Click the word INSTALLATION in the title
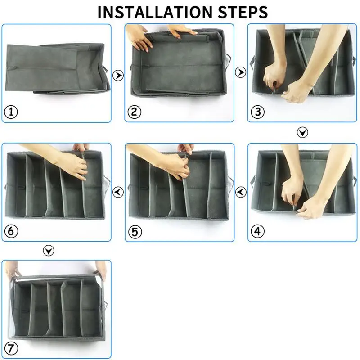(x=155, y=12)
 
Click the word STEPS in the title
(x=243, y=12)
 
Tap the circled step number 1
(x=11, y=112)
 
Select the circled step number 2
(x=134, y=112)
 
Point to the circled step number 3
(x=257, y=112)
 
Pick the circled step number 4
(x=257, y=231)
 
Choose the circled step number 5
(x=135, y=232)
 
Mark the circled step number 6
(x=11, y=231)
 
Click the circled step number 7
(x=11, y=348)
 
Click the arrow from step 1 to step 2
(x=118, y=75)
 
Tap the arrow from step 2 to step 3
(x=241, y=72)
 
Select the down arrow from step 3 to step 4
(x=302, y=132)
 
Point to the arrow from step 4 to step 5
(x=241, y=192)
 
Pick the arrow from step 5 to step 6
(x=118, y=192)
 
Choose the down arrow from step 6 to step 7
(x=49, y=251)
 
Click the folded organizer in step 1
(x=58, y=68)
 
